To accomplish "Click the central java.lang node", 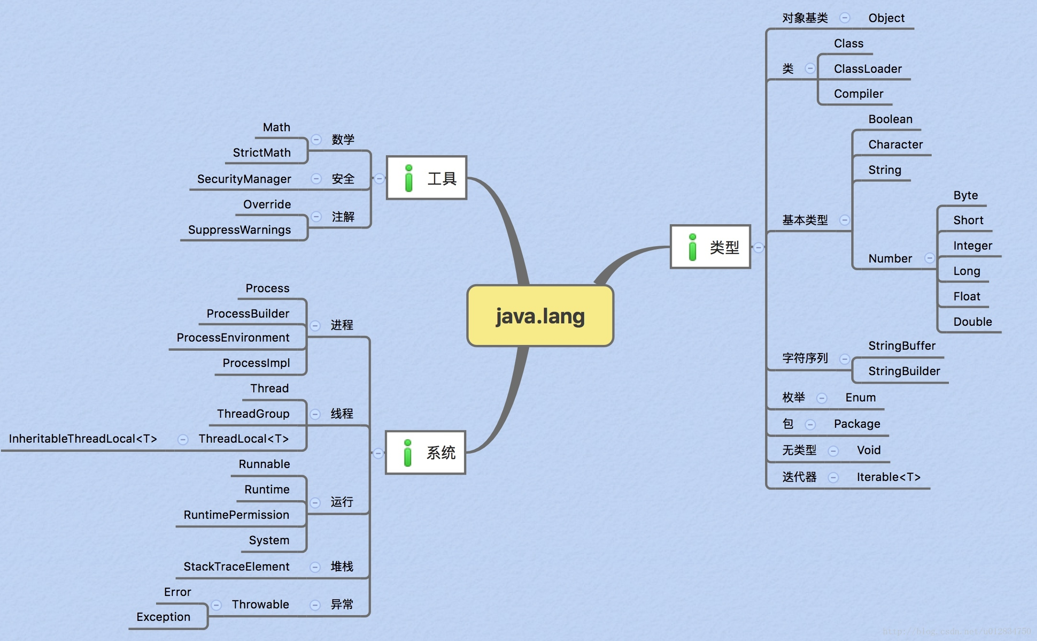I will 540,316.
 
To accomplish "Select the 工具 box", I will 426,178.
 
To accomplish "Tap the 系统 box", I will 425,453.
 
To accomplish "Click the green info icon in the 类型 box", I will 692,247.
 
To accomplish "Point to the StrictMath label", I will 261,153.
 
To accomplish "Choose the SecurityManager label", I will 244,179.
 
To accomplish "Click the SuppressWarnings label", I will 239,230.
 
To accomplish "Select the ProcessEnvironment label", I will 233,338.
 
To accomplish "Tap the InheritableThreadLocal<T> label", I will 83,439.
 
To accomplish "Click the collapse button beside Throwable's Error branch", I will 216,605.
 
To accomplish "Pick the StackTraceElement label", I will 237,567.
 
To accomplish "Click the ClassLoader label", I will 868,69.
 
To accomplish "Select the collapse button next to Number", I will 929,258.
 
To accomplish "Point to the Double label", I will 972,322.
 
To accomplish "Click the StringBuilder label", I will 904,371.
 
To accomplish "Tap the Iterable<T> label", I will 889,477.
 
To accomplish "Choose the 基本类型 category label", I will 805,220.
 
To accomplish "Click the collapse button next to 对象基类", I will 845,18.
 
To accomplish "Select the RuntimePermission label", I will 237,515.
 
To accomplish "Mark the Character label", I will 895,145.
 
